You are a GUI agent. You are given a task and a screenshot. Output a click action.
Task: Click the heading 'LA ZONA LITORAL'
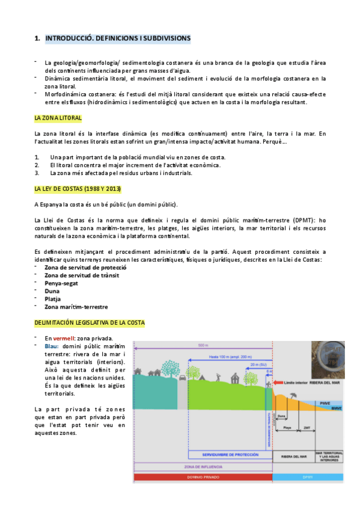coord(58,118)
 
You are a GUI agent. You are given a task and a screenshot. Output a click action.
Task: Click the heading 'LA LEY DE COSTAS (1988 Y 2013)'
coord(78,189)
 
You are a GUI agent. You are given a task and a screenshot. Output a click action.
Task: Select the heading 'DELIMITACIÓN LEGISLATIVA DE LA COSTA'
coord(90,323)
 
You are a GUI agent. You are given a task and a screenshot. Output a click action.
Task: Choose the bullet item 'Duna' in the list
coord(53,290)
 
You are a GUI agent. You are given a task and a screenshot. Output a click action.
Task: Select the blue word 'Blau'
coord(52,346)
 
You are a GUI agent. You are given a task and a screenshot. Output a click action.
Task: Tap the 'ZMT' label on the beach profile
coord(307,428)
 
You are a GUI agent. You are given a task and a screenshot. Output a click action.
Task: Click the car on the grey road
coord(182,378)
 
